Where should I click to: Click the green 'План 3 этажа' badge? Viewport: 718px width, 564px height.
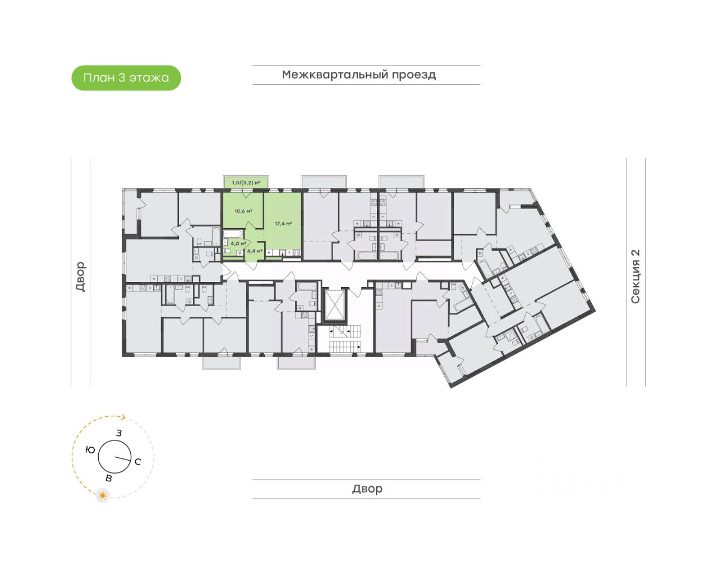(126, 78)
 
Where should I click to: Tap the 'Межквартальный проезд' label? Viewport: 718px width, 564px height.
(358, 75)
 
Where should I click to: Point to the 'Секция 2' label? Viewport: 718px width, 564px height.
(636, 276)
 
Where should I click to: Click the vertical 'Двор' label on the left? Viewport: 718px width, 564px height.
(81, 276)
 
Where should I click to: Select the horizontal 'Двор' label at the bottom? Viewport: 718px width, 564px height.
(367, 489)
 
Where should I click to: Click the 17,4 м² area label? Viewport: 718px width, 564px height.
(283, 224)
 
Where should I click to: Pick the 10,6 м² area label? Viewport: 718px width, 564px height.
(243, 211)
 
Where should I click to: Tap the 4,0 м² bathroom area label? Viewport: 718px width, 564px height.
(238, 244)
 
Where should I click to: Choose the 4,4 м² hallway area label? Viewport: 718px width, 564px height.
(255, 251)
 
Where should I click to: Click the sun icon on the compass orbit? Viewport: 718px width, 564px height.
(103, 495)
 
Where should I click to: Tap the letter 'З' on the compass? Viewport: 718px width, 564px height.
(119, 433)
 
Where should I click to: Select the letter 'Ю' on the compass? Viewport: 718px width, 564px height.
(90, 449)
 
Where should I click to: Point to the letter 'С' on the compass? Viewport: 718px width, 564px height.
(137, 462)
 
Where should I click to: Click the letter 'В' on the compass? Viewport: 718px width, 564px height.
(109, 478)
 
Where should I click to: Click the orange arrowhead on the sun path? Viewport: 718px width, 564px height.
(124, 417)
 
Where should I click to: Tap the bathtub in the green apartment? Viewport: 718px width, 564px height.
(234, 233)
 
